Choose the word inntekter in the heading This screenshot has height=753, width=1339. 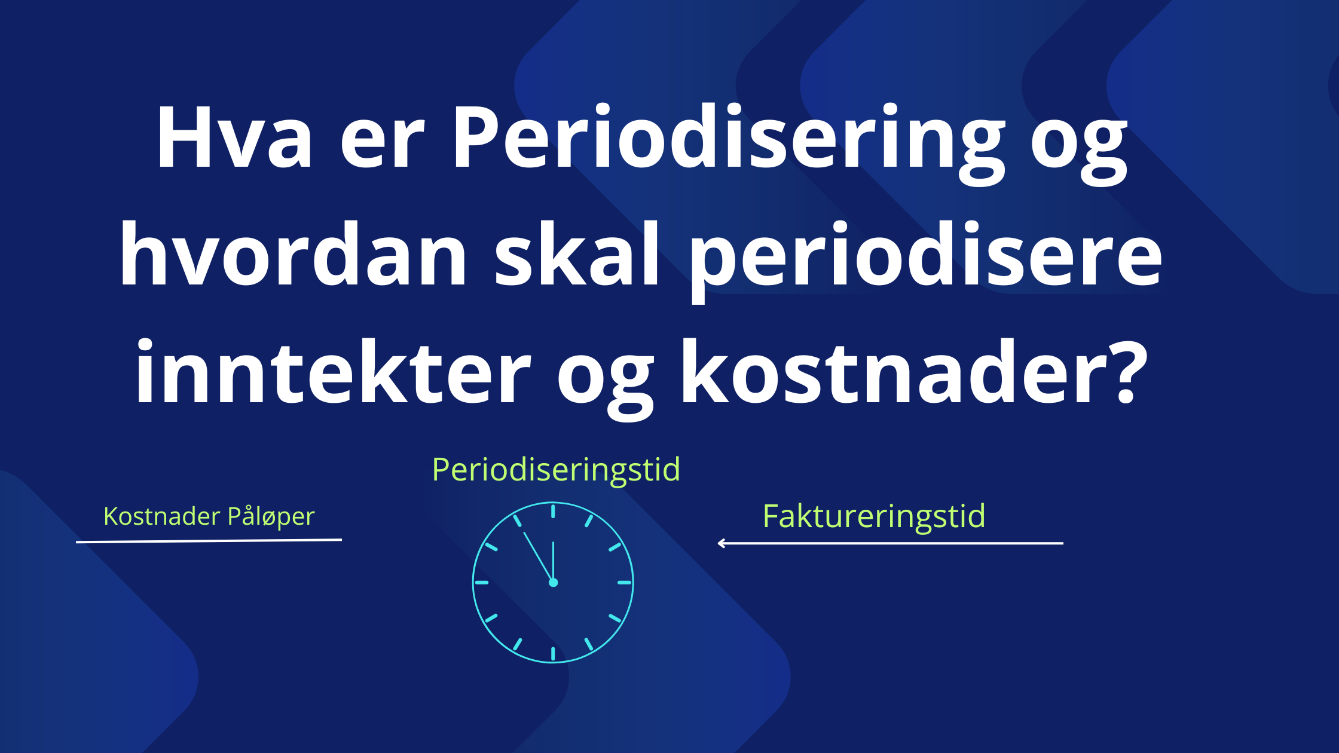333,371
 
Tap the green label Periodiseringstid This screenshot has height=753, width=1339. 556,470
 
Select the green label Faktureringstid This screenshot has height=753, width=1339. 874,516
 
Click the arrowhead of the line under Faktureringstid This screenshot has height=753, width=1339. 720,543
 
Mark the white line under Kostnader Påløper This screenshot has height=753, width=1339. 209,541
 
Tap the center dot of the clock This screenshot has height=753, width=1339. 553,583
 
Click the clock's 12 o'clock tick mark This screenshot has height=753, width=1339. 553,510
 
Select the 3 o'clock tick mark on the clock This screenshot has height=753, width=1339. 625,583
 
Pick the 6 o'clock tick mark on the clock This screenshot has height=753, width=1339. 553,654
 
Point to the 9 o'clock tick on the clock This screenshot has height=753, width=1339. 481,583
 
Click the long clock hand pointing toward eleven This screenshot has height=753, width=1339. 537,556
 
